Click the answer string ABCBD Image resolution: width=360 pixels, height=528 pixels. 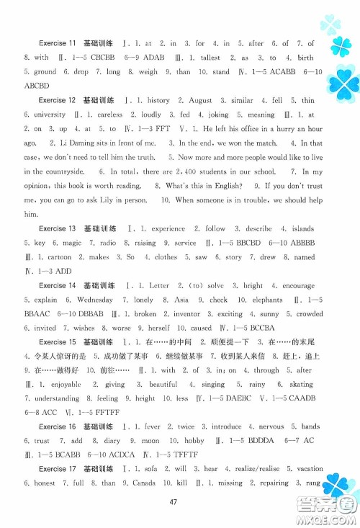(37, 86)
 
